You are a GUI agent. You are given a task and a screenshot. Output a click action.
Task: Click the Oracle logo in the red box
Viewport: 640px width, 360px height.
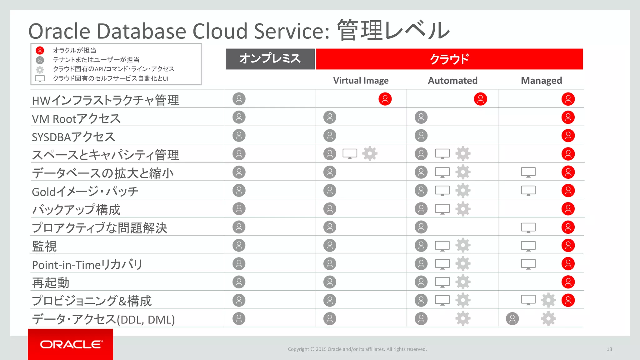(71, 344)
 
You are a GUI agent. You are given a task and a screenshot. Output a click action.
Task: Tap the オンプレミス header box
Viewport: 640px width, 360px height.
(270, 59)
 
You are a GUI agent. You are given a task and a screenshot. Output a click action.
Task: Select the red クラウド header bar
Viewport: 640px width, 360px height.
(449, 59)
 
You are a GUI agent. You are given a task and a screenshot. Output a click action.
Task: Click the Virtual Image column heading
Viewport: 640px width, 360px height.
(361, 81)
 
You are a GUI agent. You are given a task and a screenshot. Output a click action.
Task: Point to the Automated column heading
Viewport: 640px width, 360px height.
(452, 81)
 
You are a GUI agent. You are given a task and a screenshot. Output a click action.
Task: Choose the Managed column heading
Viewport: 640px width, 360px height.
(541, 81)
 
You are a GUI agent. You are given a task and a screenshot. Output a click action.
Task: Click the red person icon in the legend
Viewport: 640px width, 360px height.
(40, 50)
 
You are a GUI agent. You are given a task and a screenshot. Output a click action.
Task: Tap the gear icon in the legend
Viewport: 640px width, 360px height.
(40, 69)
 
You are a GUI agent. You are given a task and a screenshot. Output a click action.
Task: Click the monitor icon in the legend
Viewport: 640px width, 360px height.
(40, 79)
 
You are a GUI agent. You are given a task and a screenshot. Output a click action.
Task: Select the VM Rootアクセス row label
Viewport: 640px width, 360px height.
(76, 119)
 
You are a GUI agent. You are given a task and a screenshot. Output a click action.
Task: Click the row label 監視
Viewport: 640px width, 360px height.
(44, 246)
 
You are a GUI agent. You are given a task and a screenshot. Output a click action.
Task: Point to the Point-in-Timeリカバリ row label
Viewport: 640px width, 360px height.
(87, 265)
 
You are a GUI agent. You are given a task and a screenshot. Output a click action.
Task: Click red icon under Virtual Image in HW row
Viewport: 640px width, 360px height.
(385, 99)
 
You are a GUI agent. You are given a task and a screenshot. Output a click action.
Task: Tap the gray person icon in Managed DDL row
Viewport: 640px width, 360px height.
(512, 319)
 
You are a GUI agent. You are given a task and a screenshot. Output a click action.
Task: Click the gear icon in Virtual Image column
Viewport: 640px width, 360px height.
(370, 154)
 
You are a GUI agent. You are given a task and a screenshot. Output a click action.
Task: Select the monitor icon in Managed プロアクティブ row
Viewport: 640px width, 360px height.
(528, 227)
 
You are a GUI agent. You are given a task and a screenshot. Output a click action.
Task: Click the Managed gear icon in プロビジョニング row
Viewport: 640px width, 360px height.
(548, 300)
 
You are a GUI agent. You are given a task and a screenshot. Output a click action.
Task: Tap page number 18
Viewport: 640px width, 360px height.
(609, 349)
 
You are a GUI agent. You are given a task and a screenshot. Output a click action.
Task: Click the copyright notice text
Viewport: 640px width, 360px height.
(357, 349)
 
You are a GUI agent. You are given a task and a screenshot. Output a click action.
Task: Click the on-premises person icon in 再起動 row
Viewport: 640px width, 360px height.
(239, 282)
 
